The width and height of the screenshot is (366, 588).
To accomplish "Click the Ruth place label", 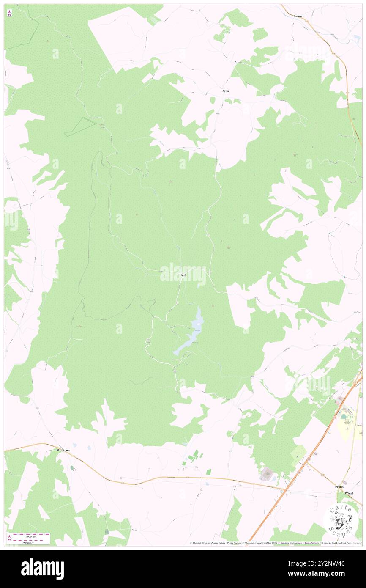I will click(183, 275).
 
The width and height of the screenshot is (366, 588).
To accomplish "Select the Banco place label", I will click(298, 16).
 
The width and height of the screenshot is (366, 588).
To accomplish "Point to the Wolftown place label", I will click(65, 451).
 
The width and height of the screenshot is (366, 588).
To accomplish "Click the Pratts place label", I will click(339, 487).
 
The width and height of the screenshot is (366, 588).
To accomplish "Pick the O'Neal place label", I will click(348, 494).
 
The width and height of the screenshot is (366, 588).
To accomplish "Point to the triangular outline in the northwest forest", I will click(80, 126).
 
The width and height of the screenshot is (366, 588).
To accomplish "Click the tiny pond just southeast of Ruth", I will click(198, 286).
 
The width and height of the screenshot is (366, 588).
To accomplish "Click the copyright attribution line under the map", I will click(275, 543).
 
